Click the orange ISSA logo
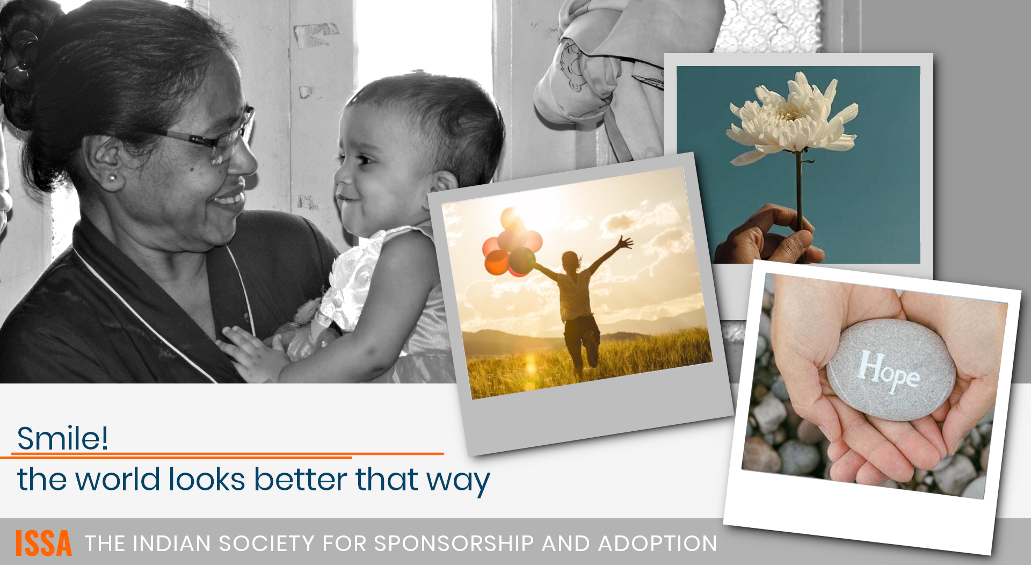point(43,544)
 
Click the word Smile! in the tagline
point(63,438)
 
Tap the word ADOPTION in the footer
point(658,544)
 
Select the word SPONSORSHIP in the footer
point(454,544)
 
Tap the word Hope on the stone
point(889,372)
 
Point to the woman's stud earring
point(112,177)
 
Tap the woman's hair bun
point(24,64)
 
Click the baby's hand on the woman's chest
point(252,352)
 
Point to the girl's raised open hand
point(625,242)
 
